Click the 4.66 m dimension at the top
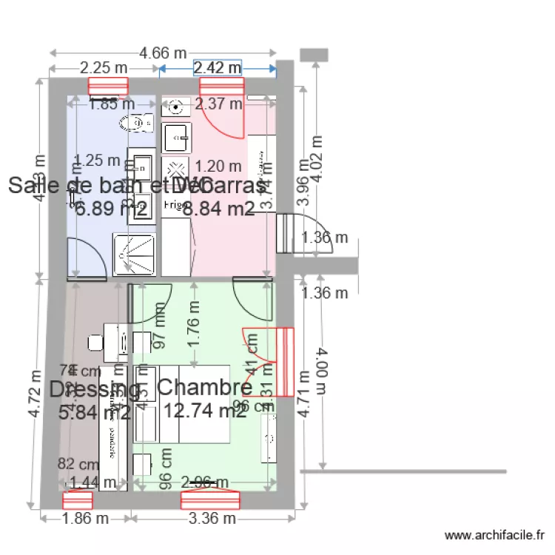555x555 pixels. tap(164, 53)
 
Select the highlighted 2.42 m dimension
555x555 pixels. tap(218, 68)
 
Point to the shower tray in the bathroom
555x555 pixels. tap(134, 255)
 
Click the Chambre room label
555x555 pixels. tap(205, 387)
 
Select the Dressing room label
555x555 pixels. tap(95, 388)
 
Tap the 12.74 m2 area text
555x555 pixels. tap(205, 411)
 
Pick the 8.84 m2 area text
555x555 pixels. tap(218, 209)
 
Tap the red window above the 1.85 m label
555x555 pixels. tap(108, 87)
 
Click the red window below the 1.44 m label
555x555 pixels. tap(78, 500)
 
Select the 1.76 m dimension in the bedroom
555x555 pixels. tap(195, 332)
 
